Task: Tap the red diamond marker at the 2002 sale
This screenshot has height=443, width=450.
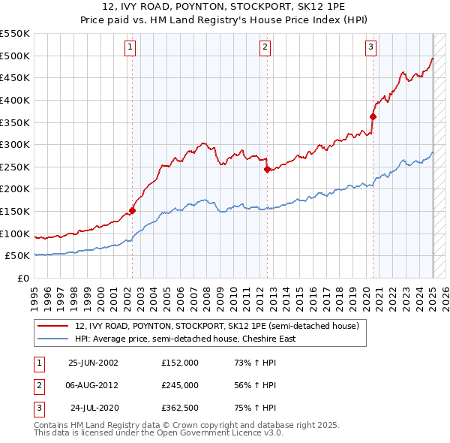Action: [x=133, y=210]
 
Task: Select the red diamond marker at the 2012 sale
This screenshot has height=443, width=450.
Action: [x=267, y=170]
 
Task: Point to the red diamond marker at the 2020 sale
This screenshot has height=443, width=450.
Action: [x=373, y=116]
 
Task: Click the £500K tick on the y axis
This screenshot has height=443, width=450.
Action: [x=14, y=56]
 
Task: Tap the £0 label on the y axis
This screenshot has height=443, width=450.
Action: [x=22, y=278]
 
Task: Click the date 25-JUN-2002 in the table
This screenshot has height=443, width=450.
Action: [x=93, y=362]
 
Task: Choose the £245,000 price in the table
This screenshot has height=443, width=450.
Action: [x=179, y=385]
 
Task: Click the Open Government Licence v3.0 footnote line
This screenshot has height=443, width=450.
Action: [x=158, y=433]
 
